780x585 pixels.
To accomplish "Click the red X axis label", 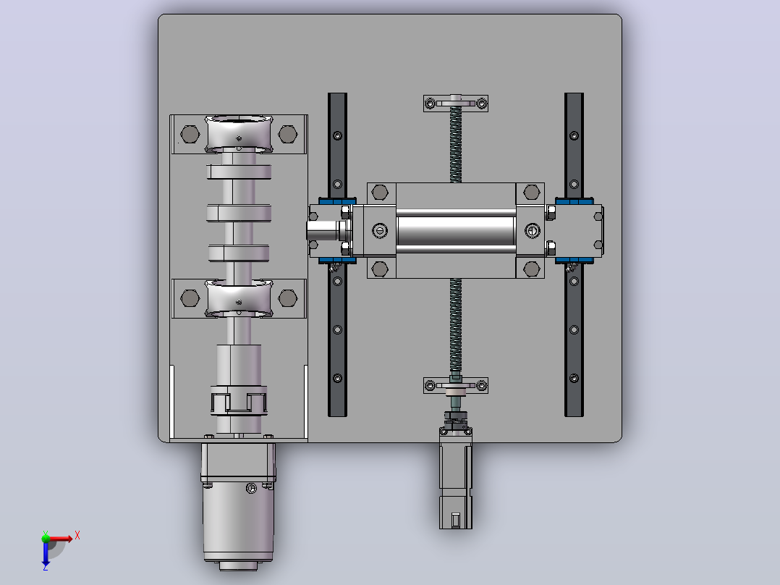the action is click(x=77, y=536).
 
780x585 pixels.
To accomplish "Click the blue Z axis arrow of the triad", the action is click(x=46, y=554).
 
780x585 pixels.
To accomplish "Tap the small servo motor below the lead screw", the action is click(x=456, y=477).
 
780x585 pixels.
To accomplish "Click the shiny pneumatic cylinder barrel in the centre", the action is click(x=456, y=230).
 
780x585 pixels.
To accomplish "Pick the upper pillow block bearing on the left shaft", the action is click(x=239, y=134).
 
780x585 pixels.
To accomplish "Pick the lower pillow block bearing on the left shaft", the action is click(x=239, y=298).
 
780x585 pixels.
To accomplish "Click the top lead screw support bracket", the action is click(x=456, y=103).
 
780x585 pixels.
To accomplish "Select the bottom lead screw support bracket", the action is click(x=456, y=385).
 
